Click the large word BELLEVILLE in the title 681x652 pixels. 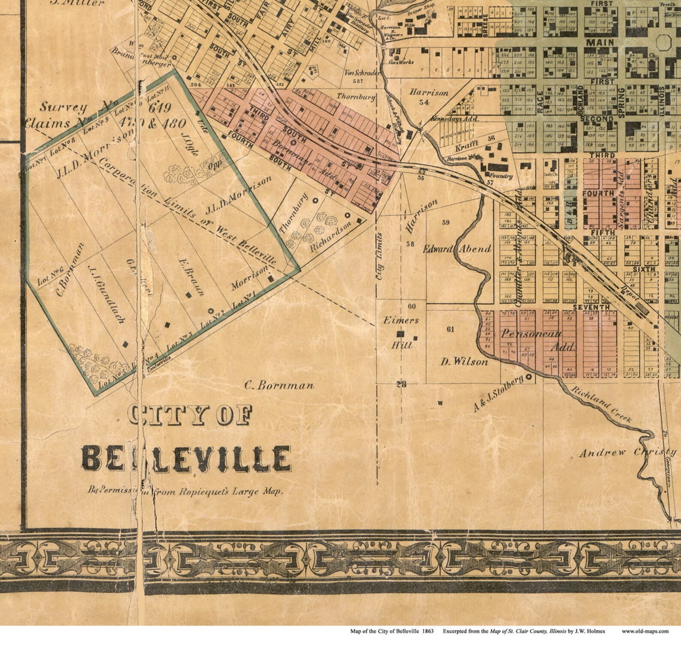pos(186,458)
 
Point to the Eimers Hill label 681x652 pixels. pos(401,332)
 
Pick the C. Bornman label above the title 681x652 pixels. pos(279,385)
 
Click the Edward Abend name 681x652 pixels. pos(457,249)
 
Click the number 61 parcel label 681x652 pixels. pos(450,329)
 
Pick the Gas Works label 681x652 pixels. pos(401,62)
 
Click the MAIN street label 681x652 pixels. pos(600,43)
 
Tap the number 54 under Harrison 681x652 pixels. pos(424,102)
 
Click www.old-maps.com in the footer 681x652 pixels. pos(645,631)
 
